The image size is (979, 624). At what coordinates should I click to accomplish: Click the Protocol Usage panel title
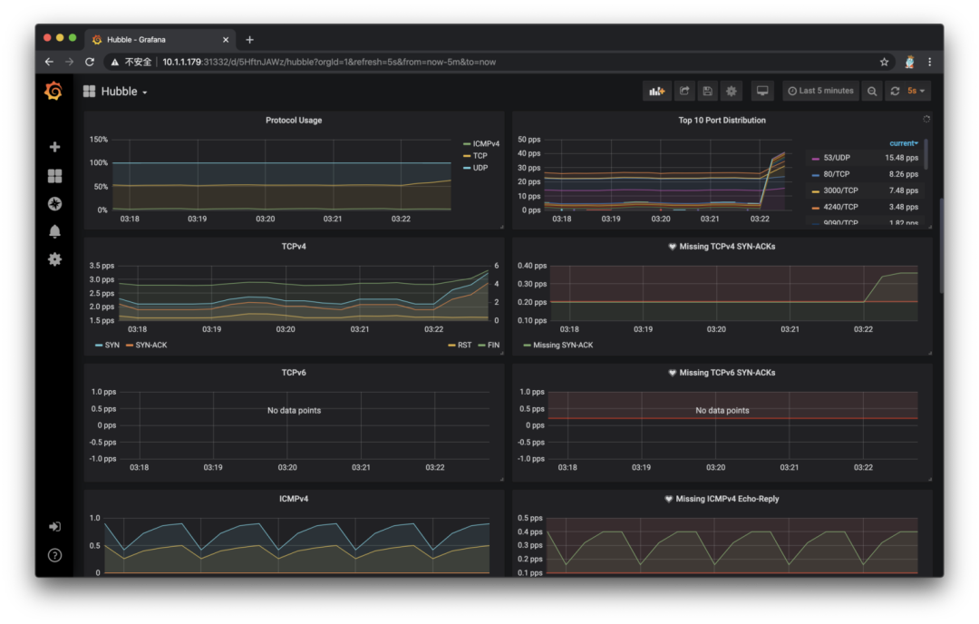(293, 120)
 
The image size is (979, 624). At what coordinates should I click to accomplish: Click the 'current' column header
(903, 143)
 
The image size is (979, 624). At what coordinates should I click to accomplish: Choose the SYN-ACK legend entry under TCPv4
(150, 345)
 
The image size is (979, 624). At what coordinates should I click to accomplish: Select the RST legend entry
(462, 345)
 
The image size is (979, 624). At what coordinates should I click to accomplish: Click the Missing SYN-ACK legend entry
(563, 345)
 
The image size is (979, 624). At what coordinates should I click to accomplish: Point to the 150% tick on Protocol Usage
(98, 140)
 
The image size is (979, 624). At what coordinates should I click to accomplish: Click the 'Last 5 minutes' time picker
(820, 91)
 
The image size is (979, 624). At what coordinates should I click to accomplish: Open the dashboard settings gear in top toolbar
(732, 91)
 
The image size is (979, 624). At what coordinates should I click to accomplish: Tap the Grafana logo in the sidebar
(53, 91)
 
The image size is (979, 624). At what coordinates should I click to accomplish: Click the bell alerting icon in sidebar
(54, 231)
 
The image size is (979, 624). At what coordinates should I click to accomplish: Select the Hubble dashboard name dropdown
(116, 92)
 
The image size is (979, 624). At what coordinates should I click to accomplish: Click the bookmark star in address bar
(884, 62)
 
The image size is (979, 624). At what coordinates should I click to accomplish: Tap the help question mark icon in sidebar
(54, 555)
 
